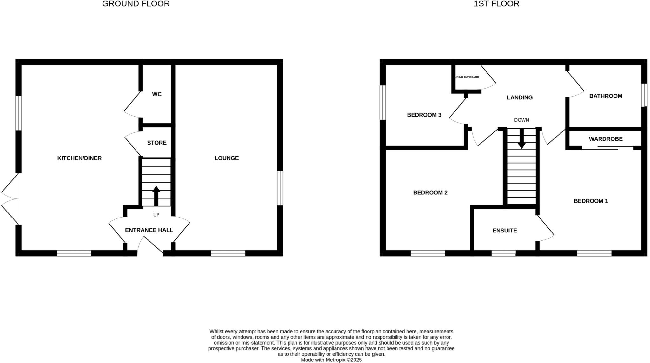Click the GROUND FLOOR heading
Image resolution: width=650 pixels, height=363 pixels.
[136, 4]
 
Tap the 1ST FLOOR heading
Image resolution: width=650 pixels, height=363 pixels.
[496, 4]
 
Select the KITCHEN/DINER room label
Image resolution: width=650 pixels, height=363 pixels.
[79, 158]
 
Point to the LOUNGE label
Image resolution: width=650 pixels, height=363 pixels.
[226, 158]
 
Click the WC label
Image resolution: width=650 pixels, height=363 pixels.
[157, 94]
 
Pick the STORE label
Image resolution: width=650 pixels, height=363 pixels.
[157, 143]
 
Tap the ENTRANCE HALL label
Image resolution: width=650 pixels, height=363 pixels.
[149, 230]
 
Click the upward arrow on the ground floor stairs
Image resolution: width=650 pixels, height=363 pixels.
[156, 195]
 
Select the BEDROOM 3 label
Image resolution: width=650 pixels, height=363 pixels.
[424, 115]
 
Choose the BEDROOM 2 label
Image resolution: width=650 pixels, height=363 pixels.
[430, 192]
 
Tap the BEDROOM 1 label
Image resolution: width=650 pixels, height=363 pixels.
[591, 201]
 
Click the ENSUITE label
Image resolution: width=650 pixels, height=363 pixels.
[505, 231]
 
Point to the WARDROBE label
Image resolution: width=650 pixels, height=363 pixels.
[606, 139]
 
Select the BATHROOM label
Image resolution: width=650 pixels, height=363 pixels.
[606, 96]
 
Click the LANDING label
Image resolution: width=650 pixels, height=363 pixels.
[520, 97]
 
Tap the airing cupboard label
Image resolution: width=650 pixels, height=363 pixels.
[467, 77]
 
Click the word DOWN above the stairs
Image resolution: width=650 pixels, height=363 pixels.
[521, 120]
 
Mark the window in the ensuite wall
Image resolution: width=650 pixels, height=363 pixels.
[503, 253]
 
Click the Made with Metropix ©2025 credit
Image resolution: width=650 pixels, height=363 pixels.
[331, 360]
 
